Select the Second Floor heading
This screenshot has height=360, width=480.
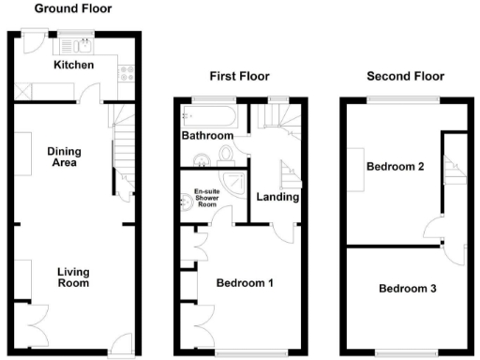[406, 76]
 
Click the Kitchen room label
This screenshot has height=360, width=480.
[73, 65]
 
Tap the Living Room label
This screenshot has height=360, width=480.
[73, 277]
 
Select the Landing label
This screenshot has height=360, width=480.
[277, 197]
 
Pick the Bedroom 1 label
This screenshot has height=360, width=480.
[245, 282]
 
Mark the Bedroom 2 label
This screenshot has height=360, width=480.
[395, 167]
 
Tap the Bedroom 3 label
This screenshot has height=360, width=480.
[407, 288]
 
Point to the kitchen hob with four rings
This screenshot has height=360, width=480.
[129, 71]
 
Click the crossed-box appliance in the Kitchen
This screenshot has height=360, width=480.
[22, 92]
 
